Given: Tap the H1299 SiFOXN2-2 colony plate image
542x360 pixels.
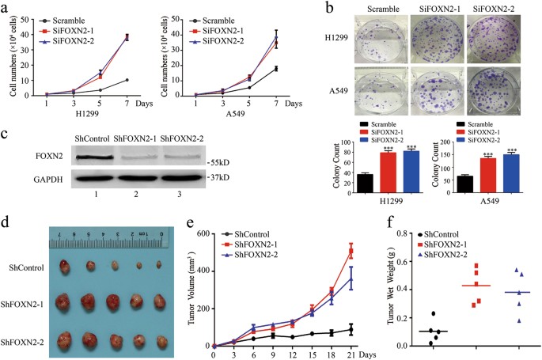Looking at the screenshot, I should pos(487,39).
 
